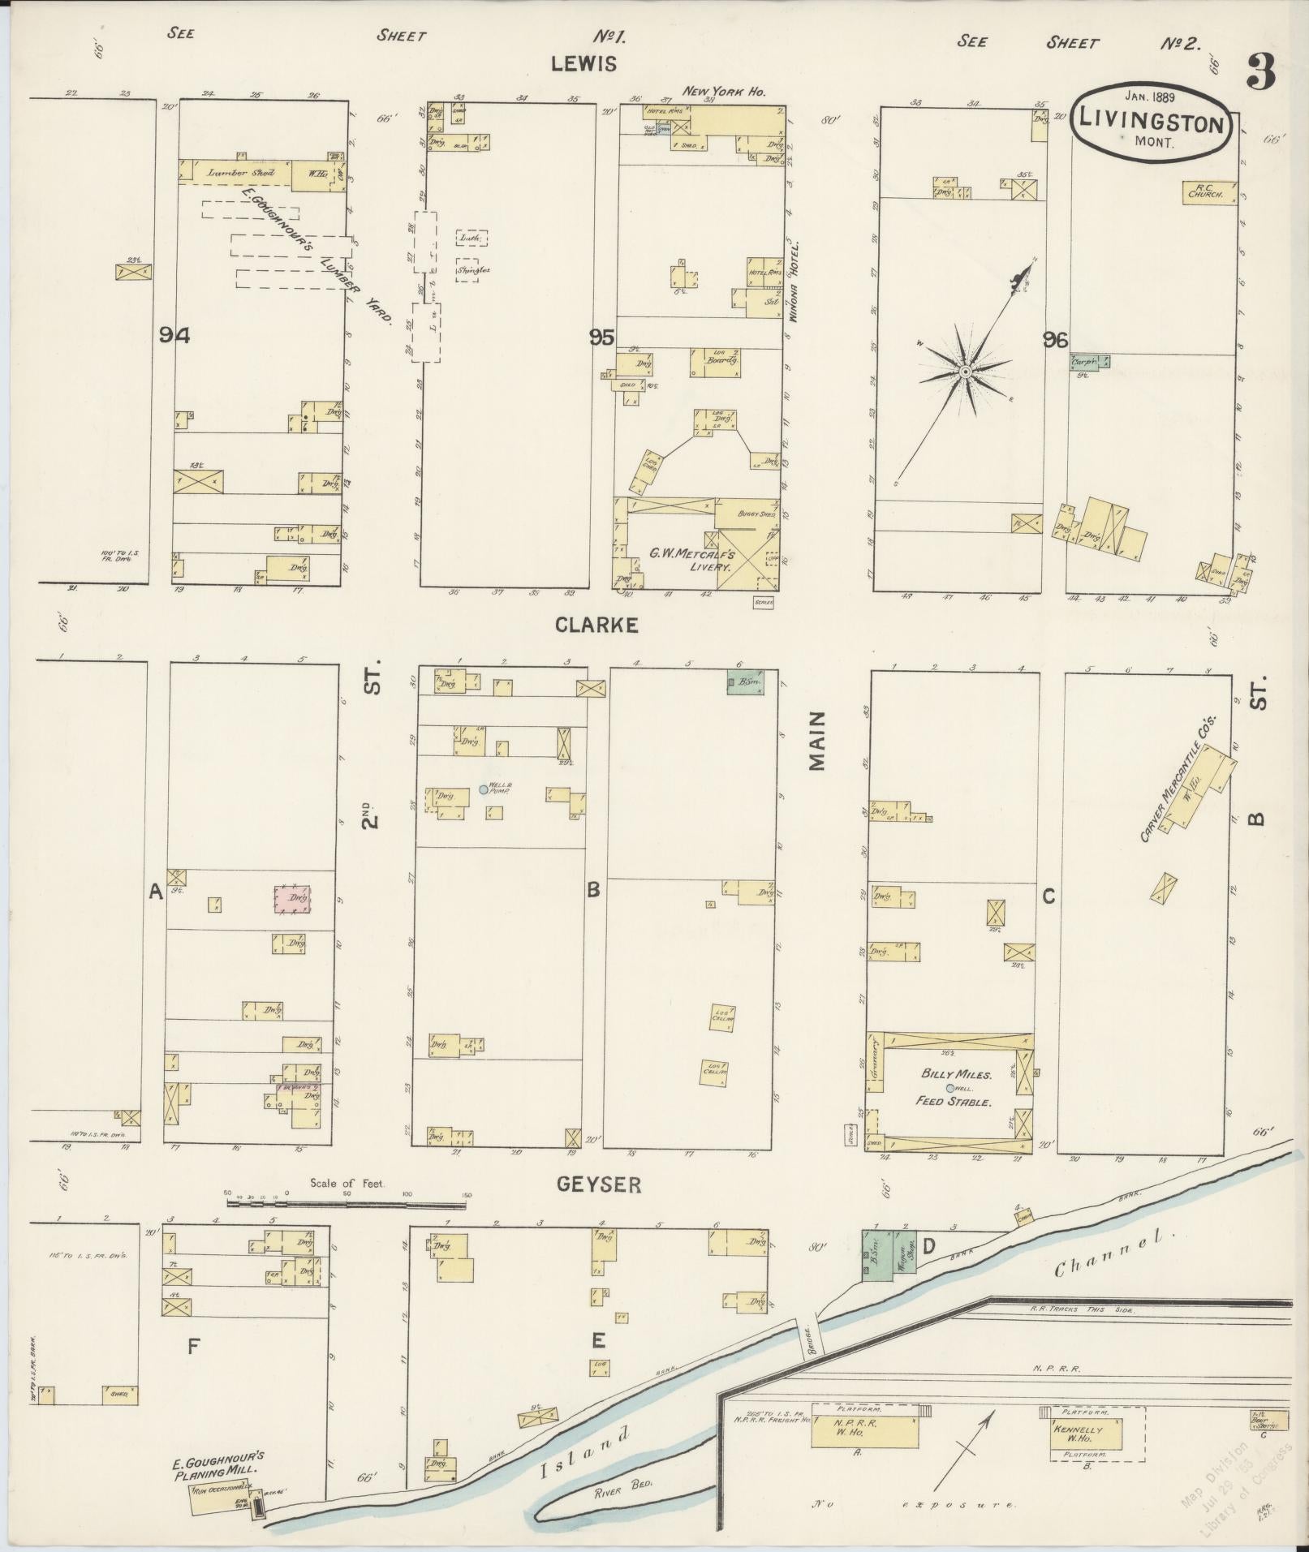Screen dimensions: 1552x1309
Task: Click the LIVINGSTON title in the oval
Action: pos(1151,124)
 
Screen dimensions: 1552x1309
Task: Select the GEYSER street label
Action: pos(599,1185)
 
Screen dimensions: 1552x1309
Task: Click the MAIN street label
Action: pos(816,741)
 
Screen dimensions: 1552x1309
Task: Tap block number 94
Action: pos(174,336)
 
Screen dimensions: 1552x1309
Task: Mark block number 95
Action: pos(602,338)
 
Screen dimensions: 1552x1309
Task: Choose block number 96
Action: pos(1056,340)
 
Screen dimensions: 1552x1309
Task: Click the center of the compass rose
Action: pos(966,372)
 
